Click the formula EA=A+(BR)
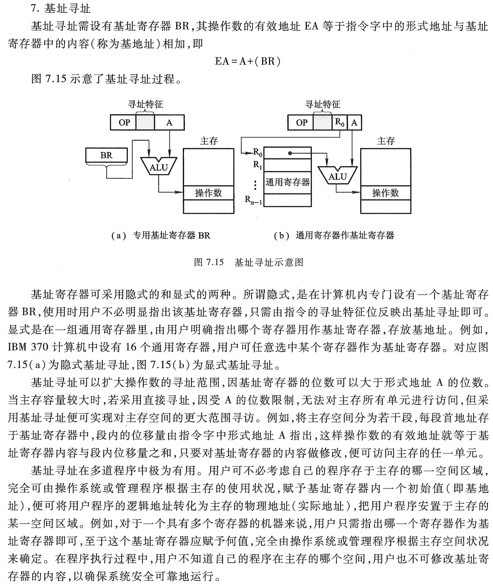247,61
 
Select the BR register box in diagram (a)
106,156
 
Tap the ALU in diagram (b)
337,176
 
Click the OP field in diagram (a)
124,123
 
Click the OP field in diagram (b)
301,123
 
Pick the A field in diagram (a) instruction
169,123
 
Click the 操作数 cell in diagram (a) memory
208,193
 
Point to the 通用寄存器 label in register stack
287,182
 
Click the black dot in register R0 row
289,153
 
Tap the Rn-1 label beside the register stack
253,200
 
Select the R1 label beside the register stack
257,164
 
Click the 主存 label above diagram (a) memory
209,141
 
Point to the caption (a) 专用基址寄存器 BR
161,235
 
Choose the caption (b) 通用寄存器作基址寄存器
334,235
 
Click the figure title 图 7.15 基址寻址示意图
249,263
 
